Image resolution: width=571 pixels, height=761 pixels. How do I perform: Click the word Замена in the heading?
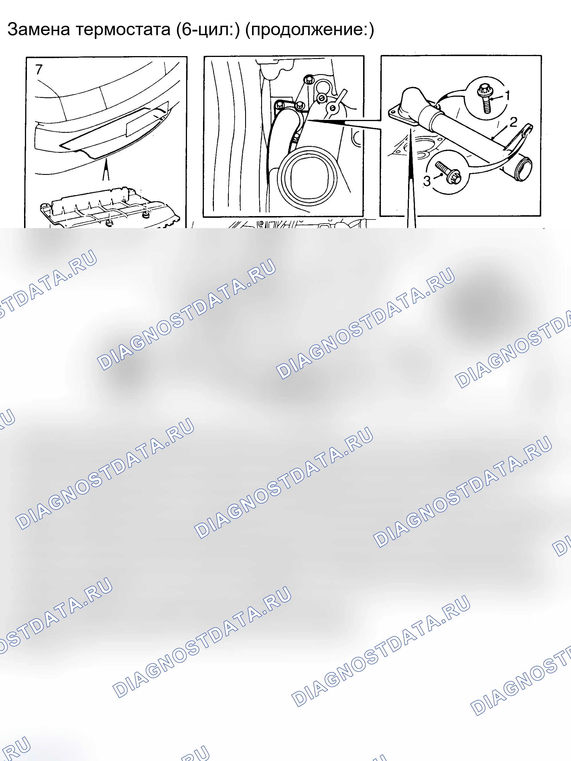[39, 29]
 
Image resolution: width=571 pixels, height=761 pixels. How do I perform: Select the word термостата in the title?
[123, 29]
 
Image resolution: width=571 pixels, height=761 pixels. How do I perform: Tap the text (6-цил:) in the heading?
[208, 29]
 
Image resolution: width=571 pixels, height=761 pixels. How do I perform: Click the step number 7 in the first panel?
[39, 70]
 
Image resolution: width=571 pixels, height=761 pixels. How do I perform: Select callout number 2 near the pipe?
[513, 122]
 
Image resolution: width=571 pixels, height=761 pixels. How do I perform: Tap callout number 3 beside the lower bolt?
[427, 181]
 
